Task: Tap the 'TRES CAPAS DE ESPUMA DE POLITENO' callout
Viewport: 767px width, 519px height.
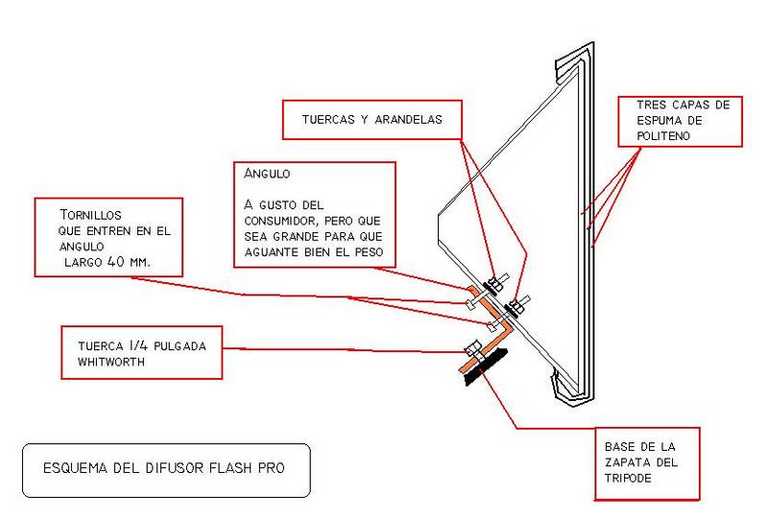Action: pyautogui.click(x=682, y=121)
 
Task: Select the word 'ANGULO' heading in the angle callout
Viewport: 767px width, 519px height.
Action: pyautogui.click(x=267, y=175)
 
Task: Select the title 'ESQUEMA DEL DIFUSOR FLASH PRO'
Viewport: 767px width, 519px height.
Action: pyautogui.click(x=164, y=469)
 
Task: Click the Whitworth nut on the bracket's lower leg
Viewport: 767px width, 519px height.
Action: pyautogui.click(x=470, y=348)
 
